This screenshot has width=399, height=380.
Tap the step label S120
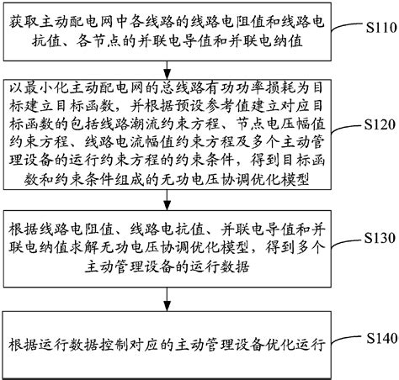(375, 124)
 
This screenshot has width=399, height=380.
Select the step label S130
(375, 236)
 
